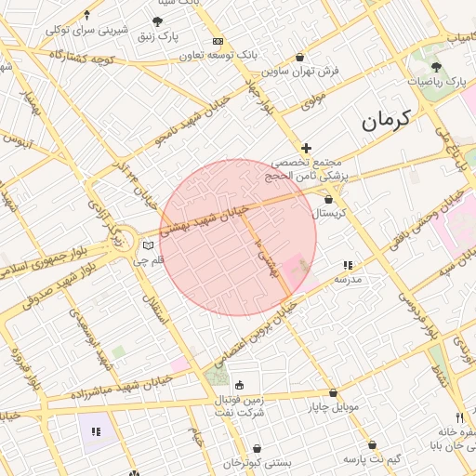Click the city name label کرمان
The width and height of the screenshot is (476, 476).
coord(385,121)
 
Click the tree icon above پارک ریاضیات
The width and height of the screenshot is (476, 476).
coord(436,67)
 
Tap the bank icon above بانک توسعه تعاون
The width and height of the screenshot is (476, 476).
coord(218,42)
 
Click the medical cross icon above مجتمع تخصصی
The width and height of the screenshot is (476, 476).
coord(306,148)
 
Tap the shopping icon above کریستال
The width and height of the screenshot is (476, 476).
coord(328,199)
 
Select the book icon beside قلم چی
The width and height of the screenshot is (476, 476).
coord(147,245)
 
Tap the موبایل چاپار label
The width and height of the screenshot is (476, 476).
coord(333,407)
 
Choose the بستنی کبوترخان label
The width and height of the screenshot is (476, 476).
coord(257,462)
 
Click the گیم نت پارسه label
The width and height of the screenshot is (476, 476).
coord(372,460)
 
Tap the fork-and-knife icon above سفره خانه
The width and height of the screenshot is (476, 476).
coord(459,417)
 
